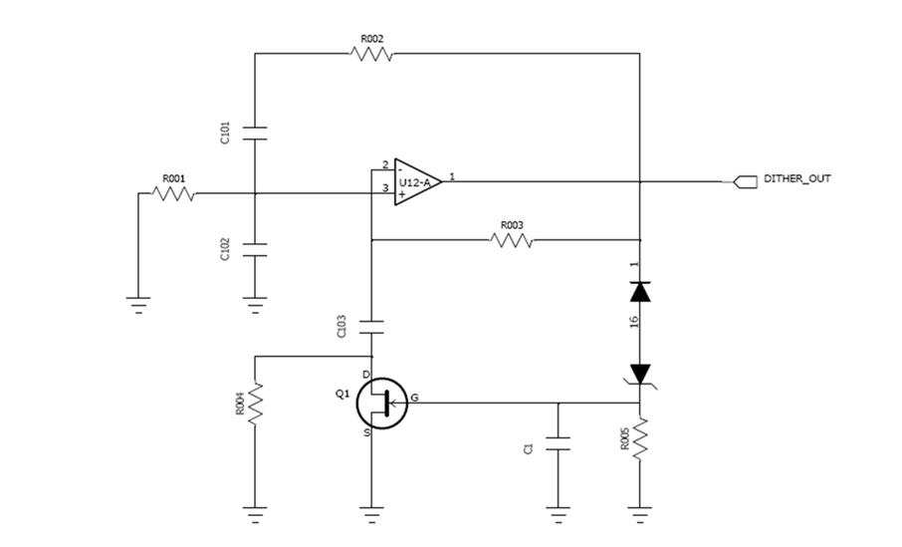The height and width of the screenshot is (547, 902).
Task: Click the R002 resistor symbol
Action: [x=371, y=54]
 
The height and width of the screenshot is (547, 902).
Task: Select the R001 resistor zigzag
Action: [x=173, y=193]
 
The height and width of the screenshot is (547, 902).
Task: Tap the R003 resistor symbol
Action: [x=512, y=239]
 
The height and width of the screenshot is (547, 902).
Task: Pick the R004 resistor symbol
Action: [x=255, y=404]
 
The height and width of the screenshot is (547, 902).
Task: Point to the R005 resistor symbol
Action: [x=640, y=438]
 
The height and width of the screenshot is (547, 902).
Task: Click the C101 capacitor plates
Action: [x=255, y=133]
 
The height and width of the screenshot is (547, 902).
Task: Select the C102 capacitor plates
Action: [x=255, y=249]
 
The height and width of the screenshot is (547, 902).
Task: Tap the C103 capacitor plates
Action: [x=371, y=328]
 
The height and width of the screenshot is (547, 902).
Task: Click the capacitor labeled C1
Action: [x=558, y=444]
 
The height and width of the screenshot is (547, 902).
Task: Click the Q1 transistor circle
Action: [x=381, y=404]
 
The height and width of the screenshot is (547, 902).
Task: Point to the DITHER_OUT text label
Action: [x=796, y=178]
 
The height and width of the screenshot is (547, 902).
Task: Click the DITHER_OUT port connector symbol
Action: [x=746, y=182]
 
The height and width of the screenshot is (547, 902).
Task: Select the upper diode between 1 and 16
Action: [x=640, y=292]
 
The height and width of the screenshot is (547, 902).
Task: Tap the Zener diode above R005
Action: [x=640, y=376]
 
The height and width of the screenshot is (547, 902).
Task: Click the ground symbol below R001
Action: [x=138, y=304]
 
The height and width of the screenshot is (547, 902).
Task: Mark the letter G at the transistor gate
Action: [x=414, y=398]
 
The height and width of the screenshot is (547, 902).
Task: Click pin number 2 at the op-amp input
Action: [x=385, y=165]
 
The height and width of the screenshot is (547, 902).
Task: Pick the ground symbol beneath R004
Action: [x=255, y=513]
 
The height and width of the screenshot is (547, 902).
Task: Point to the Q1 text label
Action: [x=342, y=394]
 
